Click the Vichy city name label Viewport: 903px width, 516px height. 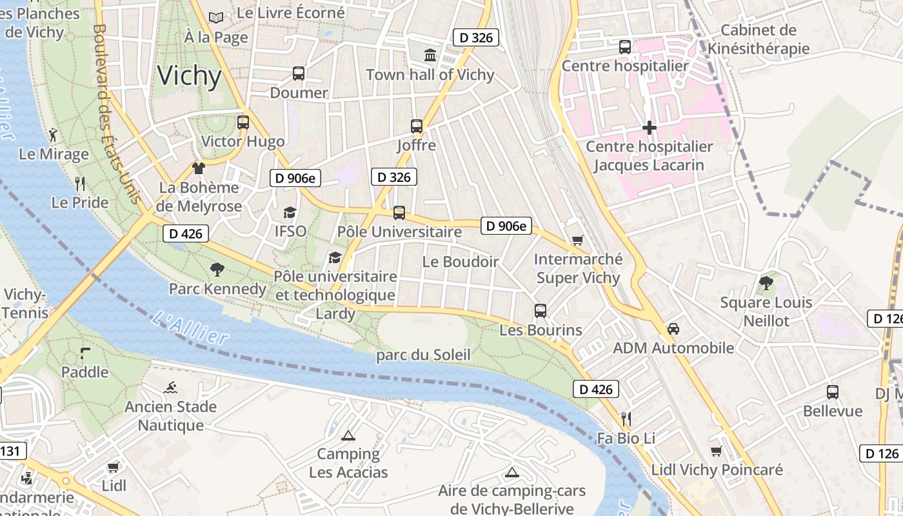click(x=190, y=76)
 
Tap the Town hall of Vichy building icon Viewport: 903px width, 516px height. click(x=430, y=55)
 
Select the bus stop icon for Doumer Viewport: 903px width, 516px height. click(x=298, y=74)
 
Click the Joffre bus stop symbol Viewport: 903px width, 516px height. click(x=417, y=126)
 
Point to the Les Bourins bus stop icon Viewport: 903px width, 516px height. click(x=541, y=311)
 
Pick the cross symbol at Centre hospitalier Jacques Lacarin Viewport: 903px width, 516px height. click(x=650, y=128)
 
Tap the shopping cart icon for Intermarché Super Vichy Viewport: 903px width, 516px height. click(x=577, y=240)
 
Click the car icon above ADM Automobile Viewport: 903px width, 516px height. click(x=673, y=329)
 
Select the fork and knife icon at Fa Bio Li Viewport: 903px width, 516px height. click(x=624, y=419)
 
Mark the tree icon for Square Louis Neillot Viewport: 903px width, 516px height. click(x=766, y=283)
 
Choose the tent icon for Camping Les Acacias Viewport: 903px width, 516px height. click(x=348, y=435)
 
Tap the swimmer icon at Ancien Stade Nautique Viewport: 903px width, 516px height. click(x=171, y=388)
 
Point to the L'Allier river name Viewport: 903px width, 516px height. click(x=192, y=328)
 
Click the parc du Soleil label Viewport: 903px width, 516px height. click(x=423, y=355)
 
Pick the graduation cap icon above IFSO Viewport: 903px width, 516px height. click(x=290, y=212)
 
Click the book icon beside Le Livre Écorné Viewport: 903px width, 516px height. click(x=216, y=17)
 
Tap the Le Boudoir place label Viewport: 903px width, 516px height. click(x=461, y=262)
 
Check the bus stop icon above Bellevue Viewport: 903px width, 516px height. click(x=833, y=392)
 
